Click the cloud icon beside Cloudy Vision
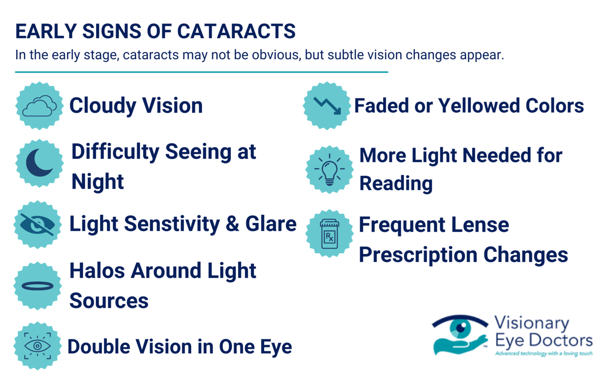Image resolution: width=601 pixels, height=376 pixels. (x=39, y=106)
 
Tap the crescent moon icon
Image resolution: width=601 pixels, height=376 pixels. (x=39, y=163)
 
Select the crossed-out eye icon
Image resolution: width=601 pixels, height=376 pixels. (x=37, y=224)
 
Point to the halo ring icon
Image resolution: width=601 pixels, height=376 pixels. (x=37, y=286)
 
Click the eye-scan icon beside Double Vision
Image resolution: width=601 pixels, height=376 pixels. (x=37, y=346)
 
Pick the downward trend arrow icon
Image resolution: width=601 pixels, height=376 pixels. (x=327, y=106)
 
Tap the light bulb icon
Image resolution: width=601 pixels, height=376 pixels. (x=329, y=170)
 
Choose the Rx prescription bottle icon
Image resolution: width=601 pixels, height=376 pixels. (x=329, y=234)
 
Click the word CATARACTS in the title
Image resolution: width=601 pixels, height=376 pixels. (x=236, y=31)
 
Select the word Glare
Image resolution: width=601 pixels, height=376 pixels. (x=271, y=224)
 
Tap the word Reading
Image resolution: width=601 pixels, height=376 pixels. (x=396, y=184)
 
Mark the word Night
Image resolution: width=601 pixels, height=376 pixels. (x=97, y=182)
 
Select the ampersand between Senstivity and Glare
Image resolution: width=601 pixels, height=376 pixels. (x=232, y=224)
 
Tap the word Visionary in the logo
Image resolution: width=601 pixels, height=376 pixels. (x=532, y=323)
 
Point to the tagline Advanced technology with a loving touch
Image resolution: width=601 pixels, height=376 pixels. (x=544, y=354)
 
